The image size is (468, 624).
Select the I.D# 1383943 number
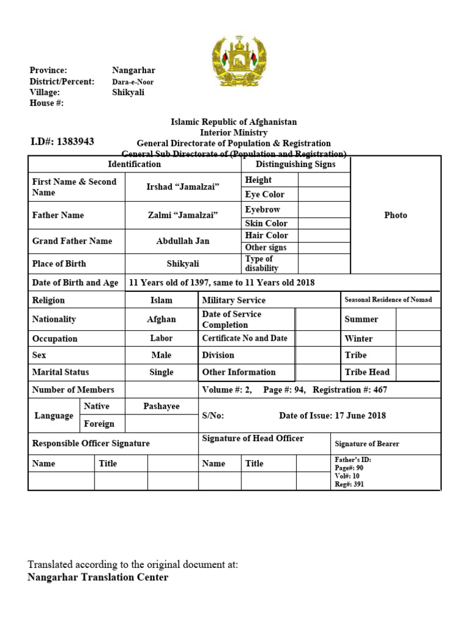tap(62, 141)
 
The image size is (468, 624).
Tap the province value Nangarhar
tap(133, 71)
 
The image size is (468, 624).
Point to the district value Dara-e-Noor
tap(133, 82)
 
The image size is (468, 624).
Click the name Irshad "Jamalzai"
tap(183, 187)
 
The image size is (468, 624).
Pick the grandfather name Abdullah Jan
tap(183, 241)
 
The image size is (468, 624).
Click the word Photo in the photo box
tap(395, 215)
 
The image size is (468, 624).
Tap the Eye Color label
tap(264, 194)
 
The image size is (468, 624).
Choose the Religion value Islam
tap(161, 300)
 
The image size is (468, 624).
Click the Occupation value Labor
tap(161, 338)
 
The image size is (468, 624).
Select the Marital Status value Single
tap(161, 372)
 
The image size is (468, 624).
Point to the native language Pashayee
tap(161, 406)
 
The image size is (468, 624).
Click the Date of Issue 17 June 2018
tap(332, 416)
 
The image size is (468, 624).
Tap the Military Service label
tap(234, 300)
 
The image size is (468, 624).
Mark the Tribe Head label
tap(367, 372)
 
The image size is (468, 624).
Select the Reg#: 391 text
tap(350, 484)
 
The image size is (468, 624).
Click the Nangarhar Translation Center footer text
tap(98, 577)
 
